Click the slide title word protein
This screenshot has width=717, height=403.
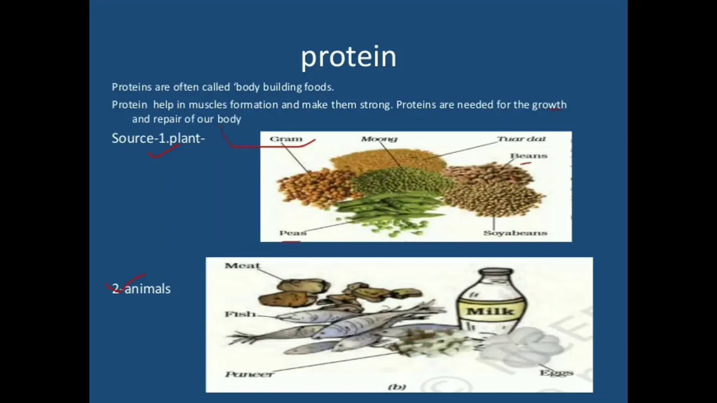[348, 57]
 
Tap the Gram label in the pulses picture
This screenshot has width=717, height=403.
[286, 139]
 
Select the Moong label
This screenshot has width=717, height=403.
[379, 139]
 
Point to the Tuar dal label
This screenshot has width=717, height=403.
[522, 139]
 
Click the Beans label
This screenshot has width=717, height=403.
[529, 156]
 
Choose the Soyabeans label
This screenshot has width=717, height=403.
[515, 233]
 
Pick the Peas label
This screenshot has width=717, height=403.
[293, 233]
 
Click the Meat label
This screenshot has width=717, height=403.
[243, 265]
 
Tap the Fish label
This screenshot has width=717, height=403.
[240, 314]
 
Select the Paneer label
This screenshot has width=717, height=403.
[249, 374]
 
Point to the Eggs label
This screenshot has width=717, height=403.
[556, 373]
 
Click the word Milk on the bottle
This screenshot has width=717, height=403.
[490, 311]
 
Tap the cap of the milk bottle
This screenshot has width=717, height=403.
[496, 272]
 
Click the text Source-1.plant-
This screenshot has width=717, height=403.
[158, 138]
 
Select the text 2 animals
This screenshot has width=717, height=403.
[141, 289]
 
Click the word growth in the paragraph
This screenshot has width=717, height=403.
[550, 105]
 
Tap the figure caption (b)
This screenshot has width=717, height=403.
[397, 387]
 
